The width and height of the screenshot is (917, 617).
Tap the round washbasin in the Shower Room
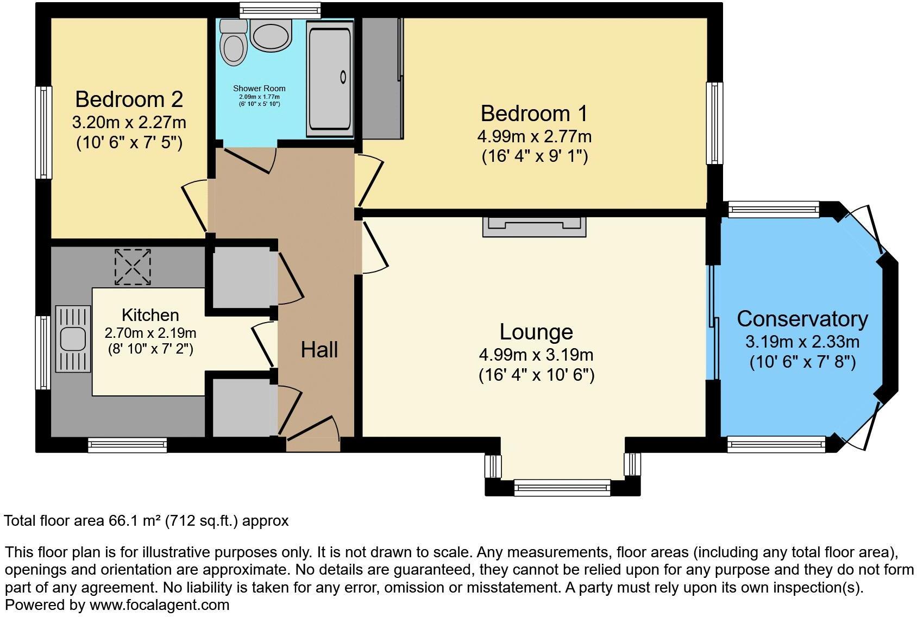(271, 36)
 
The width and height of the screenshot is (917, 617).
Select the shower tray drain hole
(343, 77)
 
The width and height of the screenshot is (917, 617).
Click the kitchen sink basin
(73, 339)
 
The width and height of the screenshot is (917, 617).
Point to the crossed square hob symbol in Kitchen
(133, 267)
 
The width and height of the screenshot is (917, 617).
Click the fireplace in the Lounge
(535, 226)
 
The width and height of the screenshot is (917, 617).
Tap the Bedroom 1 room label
(534, 114)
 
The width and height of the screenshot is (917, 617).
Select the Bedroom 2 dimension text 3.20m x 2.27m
(129, 122)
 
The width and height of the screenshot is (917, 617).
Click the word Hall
(319, 350)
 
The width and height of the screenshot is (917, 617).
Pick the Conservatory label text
(802, 319)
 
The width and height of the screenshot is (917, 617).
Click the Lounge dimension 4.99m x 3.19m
(536, 355)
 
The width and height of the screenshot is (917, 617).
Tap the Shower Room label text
(259, 89)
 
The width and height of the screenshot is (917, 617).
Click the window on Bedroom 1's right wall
(714, 123)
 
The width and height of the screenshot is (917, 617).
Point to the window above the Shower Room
(280, 9)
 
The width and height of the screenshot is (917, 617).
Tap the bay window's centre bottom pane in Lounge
(562, 488)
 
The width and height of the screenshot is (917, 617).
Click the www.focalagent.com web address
(159, 605)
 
